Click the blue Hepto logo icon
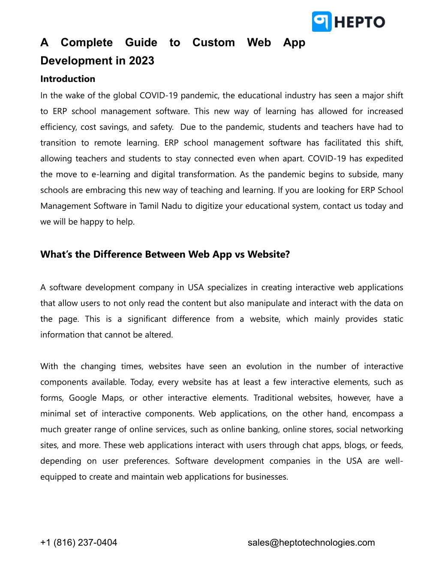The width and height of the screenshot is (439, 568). [x=322, y=21]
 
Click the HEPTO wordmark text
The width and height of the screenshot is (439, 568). [x=360, y=22]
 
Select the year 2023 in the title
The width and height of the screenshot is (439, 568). [x=141, y=61]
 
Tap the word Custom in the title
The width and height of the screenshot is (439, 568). [x=213, y=42]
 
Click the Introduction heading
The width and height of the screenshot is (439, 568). [x=68, y=79]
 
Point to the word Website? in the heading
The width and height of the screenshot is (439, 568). [x=268, y=255]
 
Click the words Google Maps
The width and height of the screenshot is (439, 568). [x=96, y=398]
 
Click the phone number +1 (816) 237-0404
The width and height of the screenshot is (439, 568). [x=78, y=543]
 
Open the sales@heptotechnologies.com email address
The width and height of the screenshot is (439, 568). [x=311, y=543]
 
